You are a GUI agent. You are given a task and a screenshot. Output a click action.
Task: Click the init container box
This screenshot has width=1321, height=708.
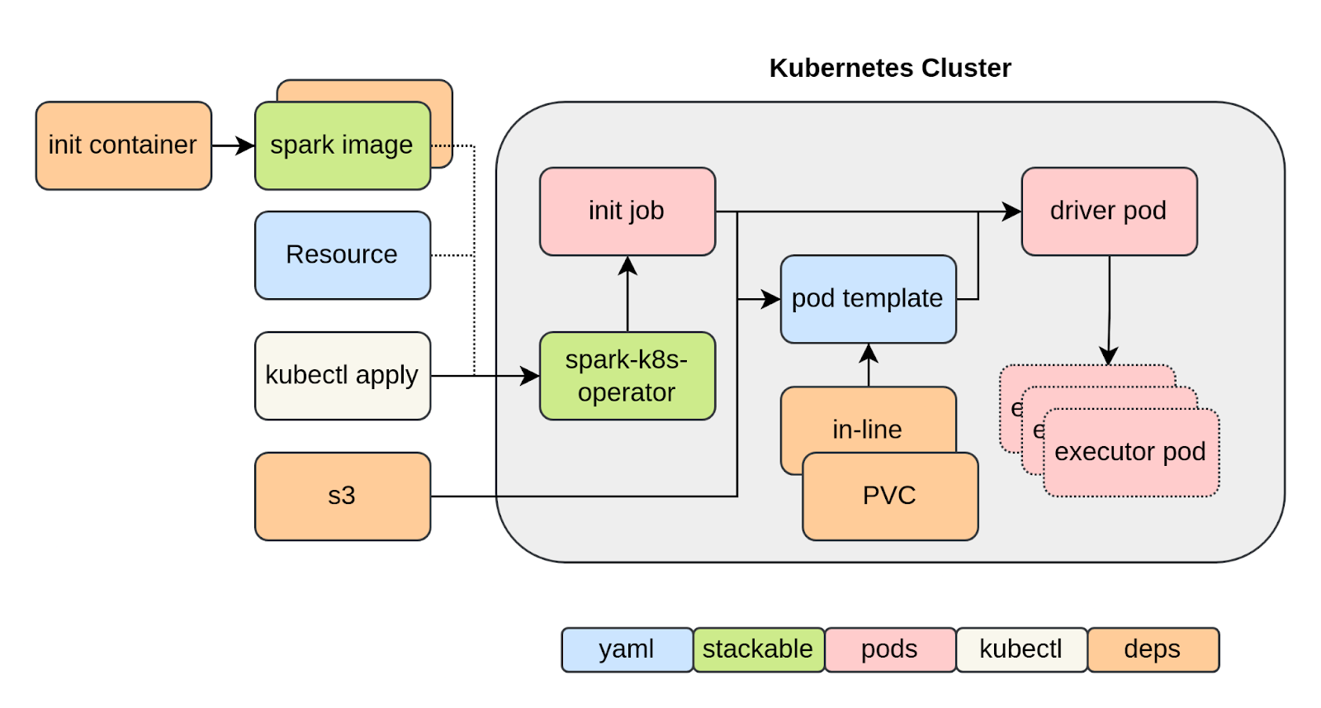pyautogui.click(x=124, y=145)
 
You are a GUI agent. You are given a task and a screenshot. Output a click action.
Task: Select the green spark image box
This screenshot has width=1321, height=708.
pyautogui.click(x=342, y=145)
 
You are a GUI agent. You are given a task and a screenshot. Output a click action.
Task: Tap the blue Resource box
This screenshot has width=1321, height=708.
pyautogui.click(x=342, y=254)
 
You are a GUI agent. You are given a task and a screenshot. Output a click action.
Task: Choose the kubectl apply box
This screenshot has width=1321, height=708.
pyautogui.click(x=342, y=375)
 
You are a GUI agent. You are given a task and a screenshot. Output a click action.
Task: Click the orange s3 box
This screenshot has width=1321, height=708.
pyautogui.click(x=342, y=496)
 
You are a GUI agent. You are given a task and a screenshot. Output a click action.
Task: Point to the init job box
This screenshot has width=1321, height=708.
pyautogui.click(x=627, y=211)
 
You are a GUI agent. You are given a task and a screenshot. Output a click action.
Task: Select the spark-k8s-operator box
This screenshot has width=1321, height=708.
pyautogui.click(x=627, y=376)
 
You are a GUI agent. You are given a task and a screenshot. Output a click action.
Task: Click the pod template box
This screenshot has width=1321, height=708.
pyautogui.click(x=868, y=298)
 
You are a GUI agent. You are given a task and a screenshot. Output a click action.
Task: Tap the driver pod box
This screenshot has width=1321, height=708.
pyautogui.click(x=1109, y=211)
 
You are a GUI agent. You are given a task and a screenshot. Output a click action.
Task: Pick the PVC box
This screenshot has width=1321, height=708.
pyautogui.click(x=889, y=496)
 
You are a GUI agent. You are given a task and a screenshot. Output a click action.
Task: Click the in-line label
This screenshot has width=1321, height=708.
pyautogui.click(x=867, y=430)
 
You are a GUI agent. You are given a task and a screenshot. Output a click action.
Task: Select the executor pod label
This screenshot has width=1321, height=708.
pyautogui.click(x=1130, y=452)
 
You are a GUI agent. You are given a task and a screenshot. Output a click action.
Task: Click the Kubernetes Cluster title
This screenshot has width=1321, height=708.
pyautogui.click(x=890, y=68)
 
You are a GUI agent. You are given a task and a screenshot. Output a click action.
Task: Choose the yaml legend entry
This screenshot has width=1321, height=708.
pyautogui.click(x=627, y=649)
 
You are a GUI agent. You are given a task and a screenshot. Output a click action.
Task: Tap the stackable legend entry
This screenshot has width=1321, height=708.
pyautogui.click(x=758, y=649)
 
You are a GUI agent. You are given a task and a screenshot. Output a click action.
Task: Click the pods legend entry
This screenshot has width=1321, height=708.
pyautogui.click(x=889, y=649)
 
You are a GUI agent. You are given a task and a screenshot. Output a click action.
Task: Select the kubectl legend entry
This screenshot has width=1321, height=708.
pyautogui.click(x=1020, y=649)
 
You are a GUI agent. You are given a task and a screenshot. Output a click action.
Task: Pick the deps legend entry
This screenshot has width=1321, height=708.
pyautogui.click(x=1153, y=649)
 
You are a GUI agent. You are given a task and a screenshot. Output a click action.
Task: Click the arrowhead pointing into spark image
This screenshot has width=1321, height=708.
pyautogui.click(x=246, y=146)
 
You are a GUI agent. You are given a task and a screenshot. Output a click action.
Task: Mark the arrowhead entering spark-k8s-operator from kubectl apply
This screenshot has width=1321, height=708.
pyautogui.click(x=530, y=377)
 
